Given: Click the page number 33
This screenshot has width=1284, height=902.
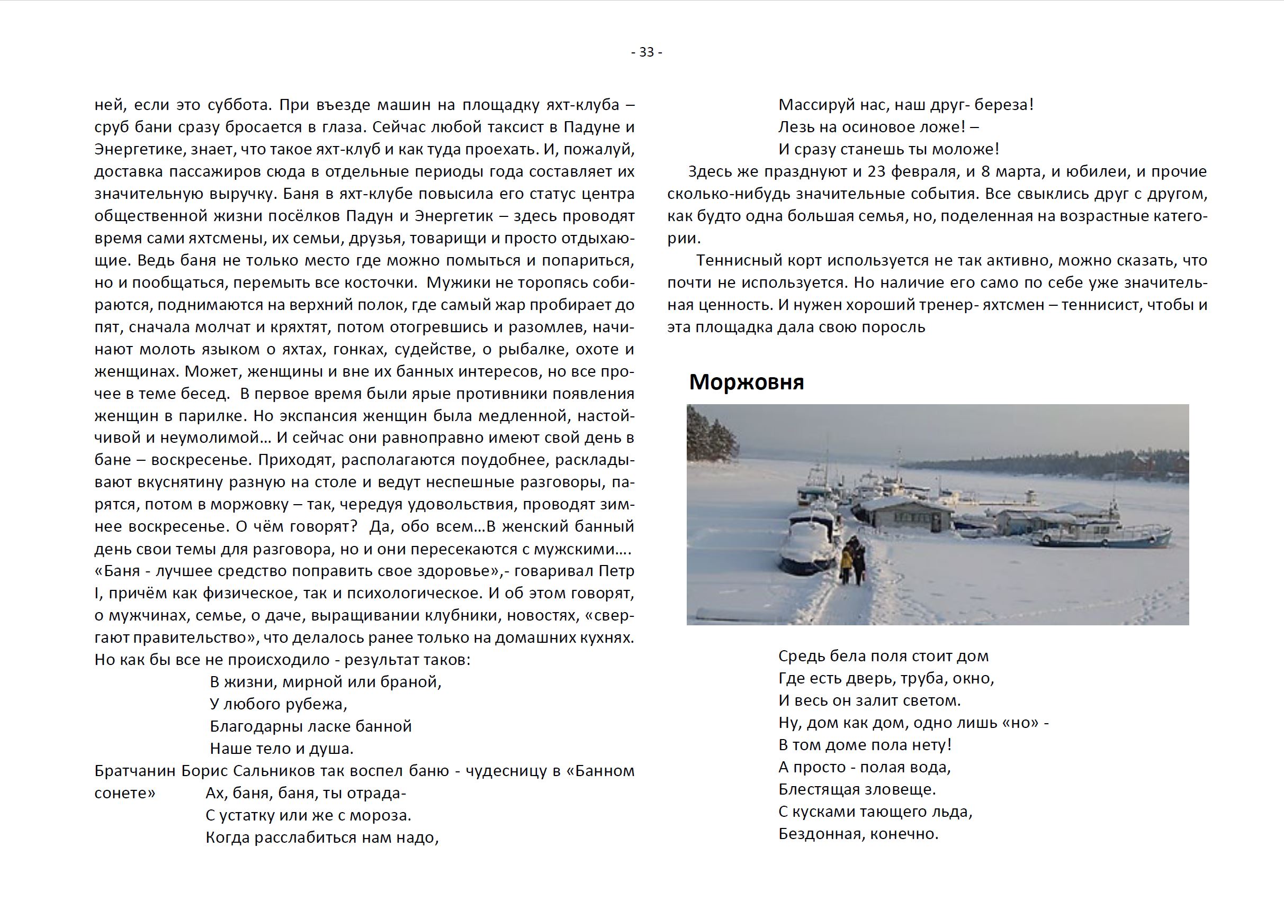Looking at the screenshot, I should click(x=647, y=52).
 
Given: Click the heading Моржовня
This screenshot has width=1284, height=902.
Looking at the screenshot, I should click(x=747, y=382).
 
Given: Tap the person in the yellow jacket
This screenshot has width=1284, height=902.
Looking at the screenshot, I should click(x=847, y=559).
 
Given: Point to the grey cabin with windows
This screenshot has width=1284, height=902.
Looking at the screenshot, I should click(x=906, y=516).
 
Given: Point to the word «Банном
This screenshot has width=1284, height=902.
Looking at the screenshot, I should click(x=600, y=771).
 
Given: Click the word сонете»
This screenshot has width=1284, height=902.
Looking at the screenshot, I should click(x=125, y=793).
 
